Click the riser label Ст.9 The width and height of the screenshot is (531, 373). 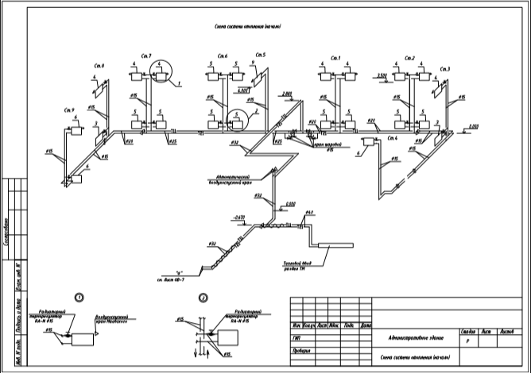[68, 110]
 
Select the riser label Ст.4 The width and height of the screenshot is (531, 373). [391, 138]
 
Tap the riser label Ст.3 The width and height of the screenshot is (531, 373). [444, 70]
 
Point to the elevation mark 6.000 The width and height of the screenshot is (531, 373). [244, 90]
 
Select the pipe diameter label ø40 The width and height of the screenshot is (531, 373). [309, 212]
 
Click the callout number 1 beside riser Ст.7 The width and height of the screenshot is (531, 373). [180, 83]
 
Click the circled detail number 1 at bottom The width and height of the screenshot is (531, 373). [79, 297]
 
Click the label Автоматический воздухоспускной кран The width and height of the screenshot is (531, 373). [234, 179]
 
